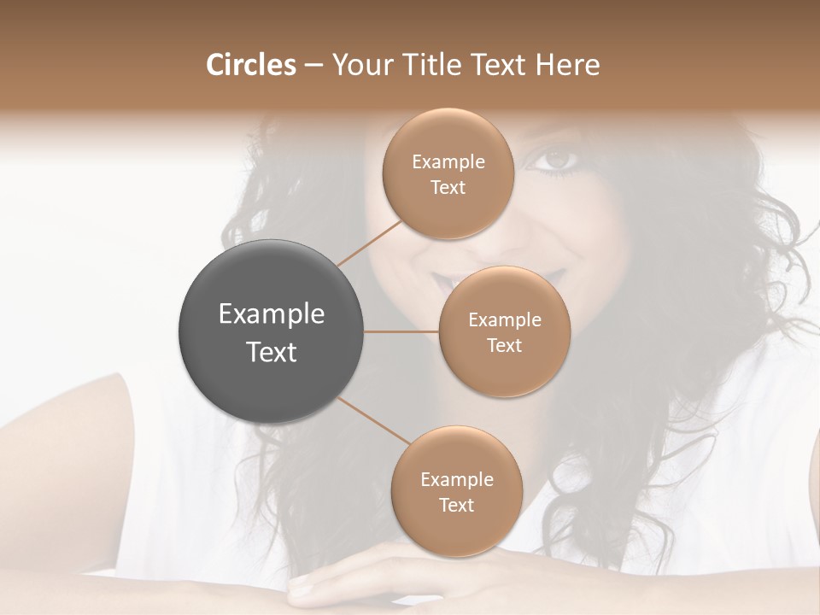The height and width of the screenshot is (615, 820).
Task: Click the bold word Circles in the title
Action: pyautogui.click(x=251, y=65)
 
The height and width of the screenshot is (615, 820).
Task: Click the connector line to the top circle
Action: pyautogui.click(x=369, y=243)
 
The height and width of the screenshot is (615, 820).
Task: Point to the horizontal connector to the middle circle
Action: pyautogui.click(x=401, y=331)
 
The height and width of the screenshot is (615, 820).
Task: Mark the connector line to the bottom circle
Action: pyautogui.click(x=373, y=420)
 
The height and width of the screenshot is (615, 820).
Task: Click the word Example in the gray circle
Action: pyautogui.click(x=272, y=314)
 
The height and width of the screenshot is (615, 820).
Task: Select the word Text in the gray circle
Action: pyautogui.click(x=272, y=352)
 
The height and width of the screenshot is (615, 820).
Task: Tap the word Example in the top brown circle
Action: pyautogui.click(x=448, y=161)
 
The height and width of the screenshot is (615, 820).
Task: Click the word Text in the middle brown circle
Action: pyautogui.click(x=504, y=345)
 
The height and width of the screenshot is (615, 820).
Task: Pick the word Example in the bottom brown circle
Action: pyautogui.click(x=456, y=479)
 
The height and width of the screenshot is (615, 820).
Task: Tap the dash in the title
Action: pyautogui.click(x=313, y=65)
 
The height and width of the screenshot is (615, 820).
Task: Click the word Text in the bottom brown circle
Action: pyautogui.click(x=456, y=505)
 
